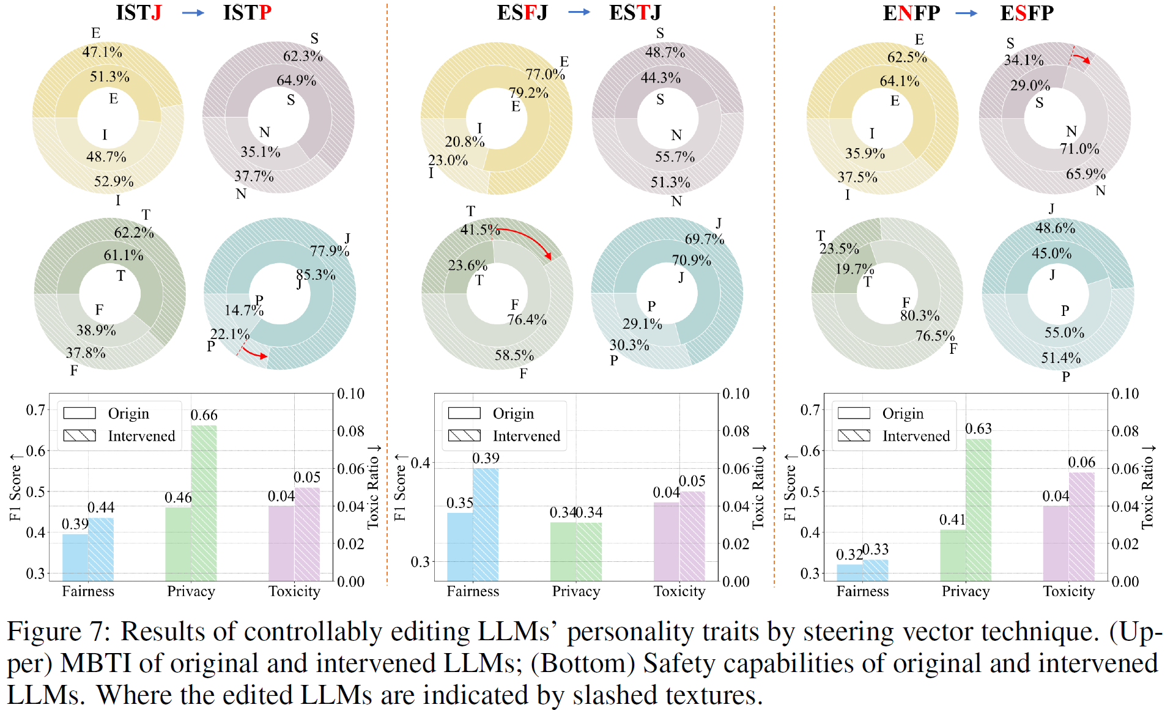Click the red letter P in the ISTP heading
[265, 12]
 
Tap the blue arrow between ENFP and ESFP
[966, 13]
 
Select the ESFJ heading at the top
[522, 12]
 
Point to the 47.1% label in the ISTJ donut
[102, 52]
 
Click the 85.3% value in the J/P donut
[316, 275]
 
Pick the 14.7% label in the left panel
[243, 310]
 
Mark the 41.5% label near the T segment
[480, 230]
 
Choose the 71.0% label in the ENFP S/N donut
[1079, 149]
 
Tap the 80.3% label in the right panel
[919, 316]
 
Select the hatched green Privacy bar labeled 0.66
[204, 502]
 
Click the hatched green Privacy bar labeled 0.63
[979, 509]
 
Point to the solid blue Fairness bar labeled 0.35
[460, 546]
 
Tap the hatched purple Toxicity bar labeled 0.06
[1081, 526]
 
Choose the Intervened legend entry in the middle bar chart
[526, 436]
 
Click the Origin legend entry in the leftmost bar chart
[128, 413]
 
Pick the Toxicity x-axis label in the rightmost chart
[1068, 591]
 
